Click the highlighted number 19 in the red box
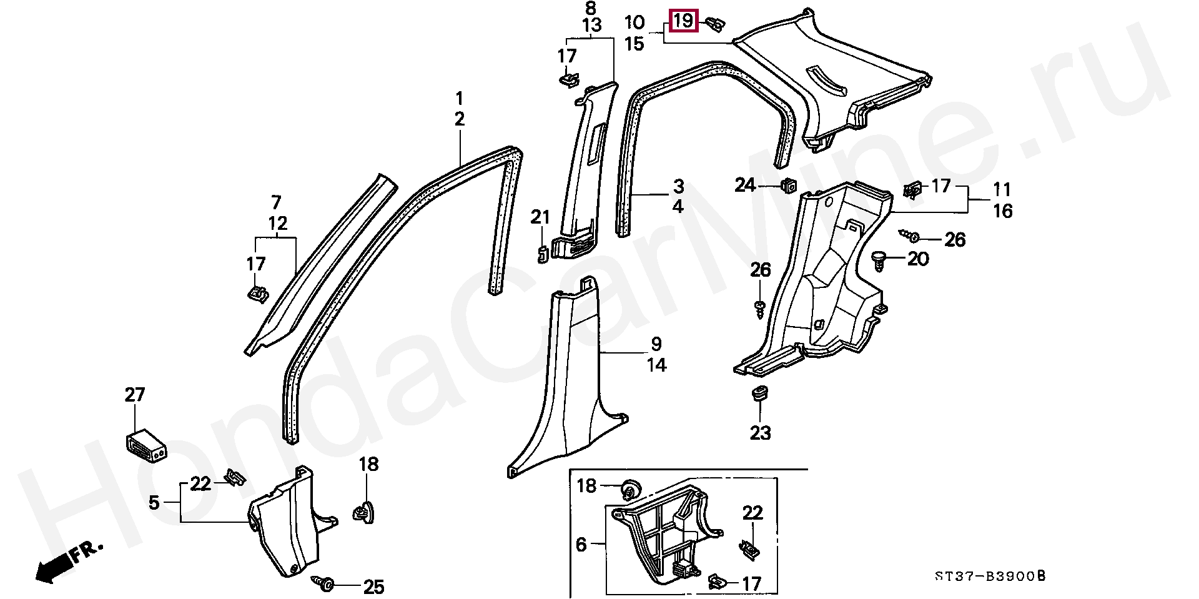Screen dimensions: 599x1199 point(683,21)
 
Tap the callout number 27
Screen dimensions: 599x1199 point(135,395)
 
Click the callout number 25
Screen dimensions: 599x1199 point(373,587)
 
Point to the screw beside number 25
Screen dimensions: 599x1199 point(325,583)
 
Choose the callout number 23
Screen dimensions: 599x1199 point(760,432)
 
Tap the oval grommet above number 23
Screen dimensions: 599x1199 point(759,394)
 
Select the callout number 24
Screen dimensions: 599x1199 point(744,185)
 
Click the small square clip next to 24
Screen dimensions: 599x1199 point(789,184)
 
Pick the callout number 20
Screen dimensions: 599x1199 point(918,258)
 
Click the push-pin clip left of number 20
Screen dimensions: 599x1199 point(880,259)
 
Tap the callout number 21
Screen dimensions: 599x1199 point(540,217)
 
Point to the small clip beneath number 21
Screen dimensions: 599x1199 point(542,253)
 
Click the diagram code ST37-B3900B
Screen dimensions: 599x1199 point(990,576)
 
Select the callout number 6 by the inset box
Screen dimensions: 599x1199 point(581,545)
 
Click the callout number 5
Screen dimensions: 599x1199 point(154,502)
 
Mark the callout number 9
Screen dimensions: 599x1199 point(656,344)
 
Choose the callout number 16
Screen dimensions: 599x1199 point(1002,211)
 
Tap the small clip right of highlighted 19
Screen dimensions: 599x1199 point(716,24)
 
